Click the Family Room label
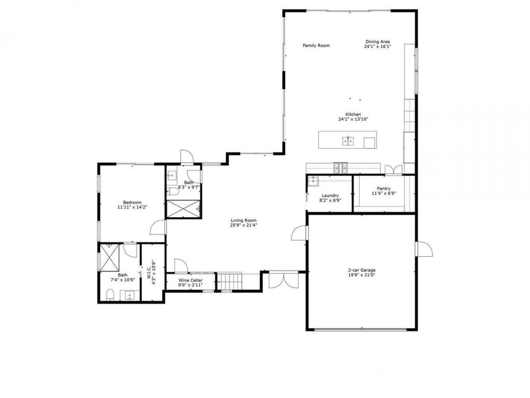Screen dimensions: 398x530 [x=316, y=46]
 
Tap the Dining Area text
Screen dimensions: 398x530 [x=377, y=42]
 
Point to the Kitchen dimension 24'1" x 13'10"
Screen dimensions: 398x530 [x=353, y=119]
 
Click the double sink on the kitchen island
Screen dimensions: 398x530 [x=347, y=141]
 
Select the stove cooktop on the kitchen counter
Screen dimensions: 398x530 [x=341, y=167]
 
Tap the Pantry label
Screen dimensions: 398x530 [x=383, y=189]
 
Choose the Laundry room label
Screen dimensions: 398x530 [x=330, y=196]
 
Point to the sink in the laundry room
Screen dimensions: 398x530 [x=313, y=180]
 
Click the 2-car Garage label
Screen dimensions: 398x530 [x=361, y=270]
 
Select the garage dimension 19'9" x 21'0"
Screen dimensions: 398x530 [x=361, y=275]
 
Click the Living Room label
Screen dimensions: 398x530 [x=243, y=221]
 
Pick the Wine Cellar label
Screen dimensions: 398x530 [x=190, y=281]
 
